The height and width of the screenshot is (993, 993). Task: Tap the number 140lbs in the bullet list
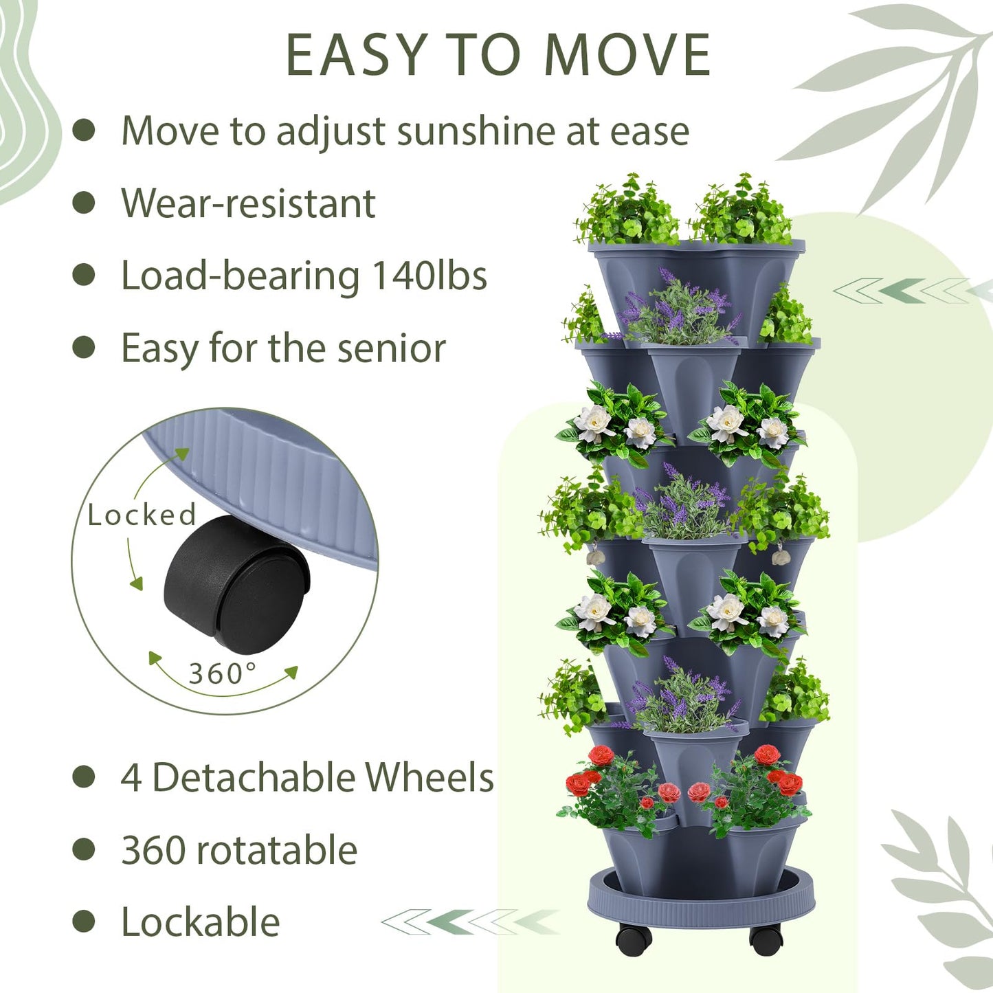click(x=429, y=276)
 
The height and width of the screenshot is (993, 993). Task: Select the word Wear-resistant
click(x=248, y=203)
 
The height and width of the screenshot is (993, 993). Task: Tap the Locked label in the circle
click(x=142, y=515)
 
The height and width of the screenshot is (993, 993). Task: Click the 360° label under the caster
click(x=223, y=673)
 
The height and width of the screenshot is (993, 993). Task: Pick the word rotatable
click(x=277, y=850)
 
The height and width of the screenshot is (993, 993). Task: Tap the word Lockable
click(x=200, y=922)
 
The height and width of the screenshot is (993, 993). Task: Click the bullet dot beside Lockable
click(x=84, y=922)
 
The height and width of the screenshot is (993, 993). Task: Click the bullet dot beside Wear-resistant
click(x=84, y=203)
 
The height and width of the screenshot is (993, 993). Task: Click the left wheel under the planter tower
click(x=633, y=939)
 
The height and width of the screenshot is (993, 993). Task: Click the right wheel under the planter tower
click(x=766, y=939)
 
